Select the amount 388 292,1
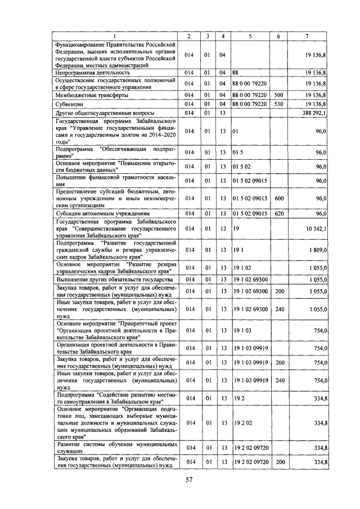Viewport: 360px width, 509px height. click(x=314, y=113)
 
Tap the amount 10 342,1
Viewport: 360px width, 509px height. click(x=316, y=229)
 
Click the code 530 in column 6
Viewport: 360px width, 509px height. click(x=278, y=104)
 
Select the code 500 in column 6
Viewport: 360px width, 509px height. click(x=278, y=96)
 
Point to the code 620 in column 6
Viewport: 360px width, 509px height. click(x=278, y=214)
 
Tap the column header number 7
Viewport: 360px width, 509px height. click(x=307, y=37)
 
